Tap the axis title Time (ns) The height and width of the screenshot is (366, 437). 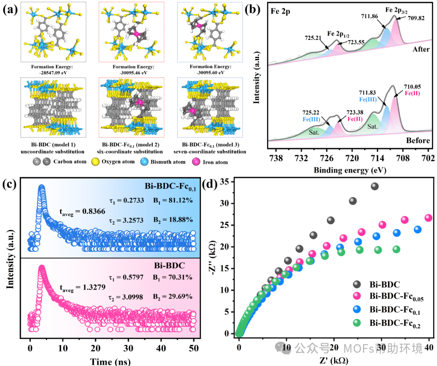(x=111, y=361)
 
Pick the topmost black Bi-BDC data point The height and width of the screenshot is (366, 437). (x=374, y=186)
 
